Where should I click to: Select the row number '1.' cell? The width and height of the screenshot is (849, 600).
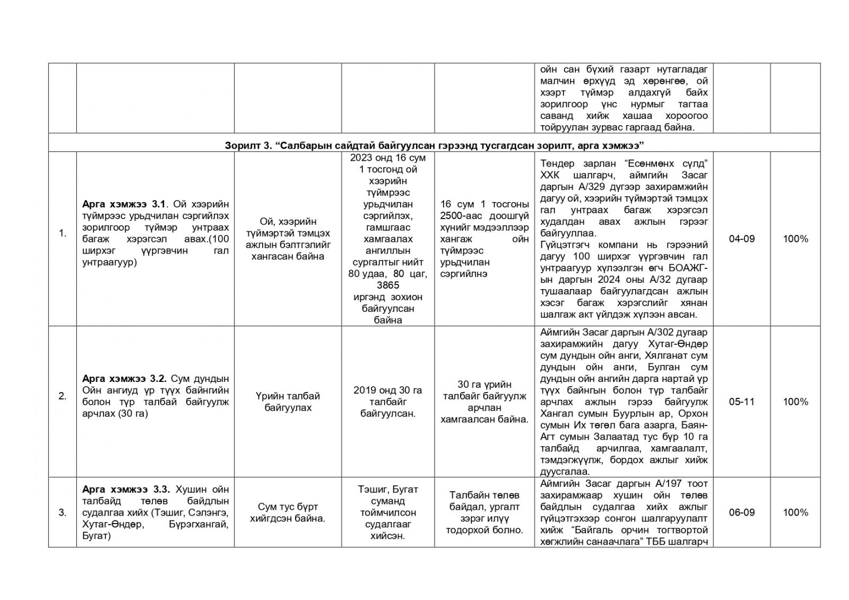pyautogui.click(x=63, y=233)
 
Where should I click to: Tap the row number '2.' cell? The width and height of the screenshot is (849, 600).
pyautogui.click(x=63, y=396)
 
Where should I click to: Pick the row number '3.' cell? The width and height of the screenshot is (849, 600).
pyautogui.click(x=63, y=512)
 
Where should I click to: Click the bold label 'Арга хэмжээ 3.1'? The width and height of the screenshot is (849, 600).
pyautogui.click(x=124, y=204)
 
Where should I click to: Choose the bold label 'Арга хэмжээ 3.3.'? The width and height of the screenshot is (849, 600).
pyautogui.click(x=126, y=489)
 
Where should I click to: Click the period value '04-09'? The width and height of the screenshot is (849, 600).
pyautogui.click(x=741, y=239)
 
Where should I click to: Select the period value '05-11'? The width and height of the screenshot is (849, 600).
pyautogui.click(x=741, y=402)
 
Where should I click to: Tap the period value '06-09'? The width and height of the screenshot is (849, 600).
pyautogui.click(x=741, y=512)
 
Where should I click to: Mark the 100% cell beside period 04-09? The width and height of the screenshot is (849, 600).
pyautogui.click(x=795, y=239)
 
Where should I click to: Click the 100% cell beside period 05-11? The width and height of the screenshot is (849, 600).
pyautogui.click(x=795, y=402)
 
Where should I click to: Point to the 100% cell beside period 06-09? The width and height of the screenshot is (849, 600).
pyautogui.click(x=795, y=512)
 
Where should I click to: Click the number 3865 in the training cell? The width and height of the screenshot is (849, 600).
pyautogui.click(x=388, y=285)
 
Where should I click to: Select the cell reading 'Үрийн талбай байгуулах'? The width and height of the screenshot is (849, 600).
pyautogui.click(x=288, y=402)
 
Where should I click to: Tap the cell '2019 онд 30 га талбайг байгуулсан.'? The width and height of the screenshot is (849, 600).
pyautogui.click(x=388, y=402)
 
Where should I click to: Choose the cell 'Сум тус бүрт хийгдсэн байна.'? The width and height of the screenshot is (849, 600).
pyautogui.click(x=288, y=512)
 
